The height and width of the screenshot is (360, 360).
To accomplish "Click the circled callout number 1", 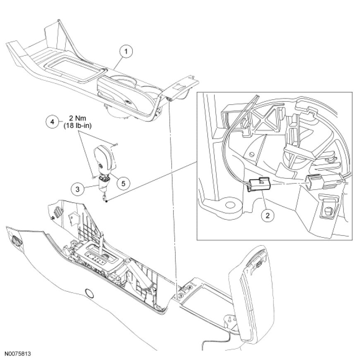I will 126,52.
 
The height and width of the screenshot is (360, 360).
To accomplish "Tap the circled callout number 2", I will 268,215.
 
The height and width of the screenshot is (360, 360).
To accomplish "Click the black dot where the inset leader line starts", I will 107,201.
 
